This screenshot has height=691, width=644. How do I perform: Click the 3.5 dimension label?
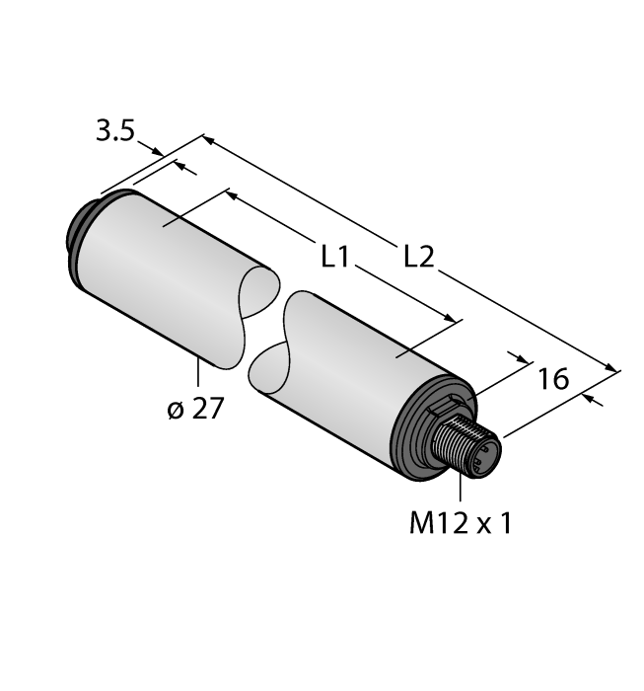pos(114,132)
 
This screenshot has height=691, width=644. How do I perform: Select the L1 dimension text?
pos(336,258)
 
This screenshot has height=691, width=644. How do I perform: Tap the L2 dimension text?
pos(419,258)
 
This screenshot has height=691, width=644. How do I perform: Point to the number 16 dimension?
pos(554,377)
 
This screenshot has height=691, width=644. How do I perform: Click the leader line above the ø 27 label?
pos(199,374)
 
